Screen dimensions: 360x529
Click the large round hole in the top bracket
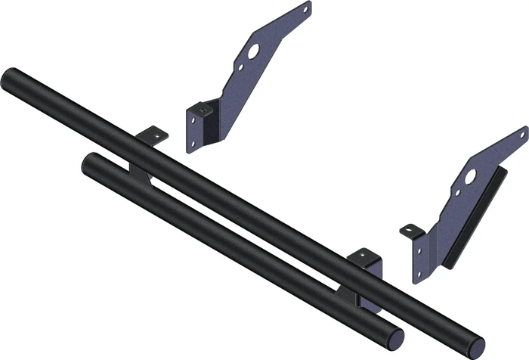pyautogui.click(x=252, y=51)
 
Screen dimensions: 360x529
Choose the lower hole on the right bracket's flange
pyautogui.click(x=418, y=272)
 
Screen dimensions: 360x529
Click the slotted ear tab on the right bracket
pyautogui.click(x=410, y=229)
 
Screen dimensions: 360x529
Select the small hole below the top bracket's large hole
pyautogui.click(x=240, y=67)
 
